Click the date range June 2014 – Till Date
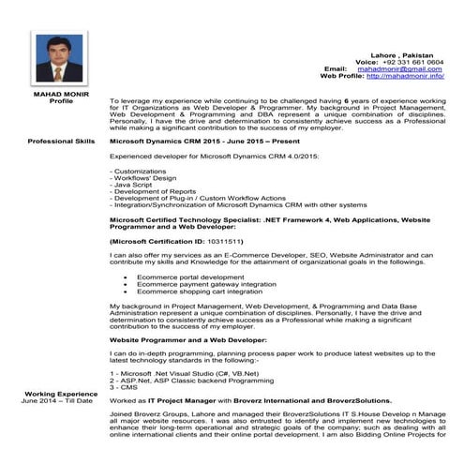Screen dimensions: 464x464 point(58,401)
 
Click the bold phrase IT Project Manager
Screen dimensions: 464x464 point(198,400)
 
